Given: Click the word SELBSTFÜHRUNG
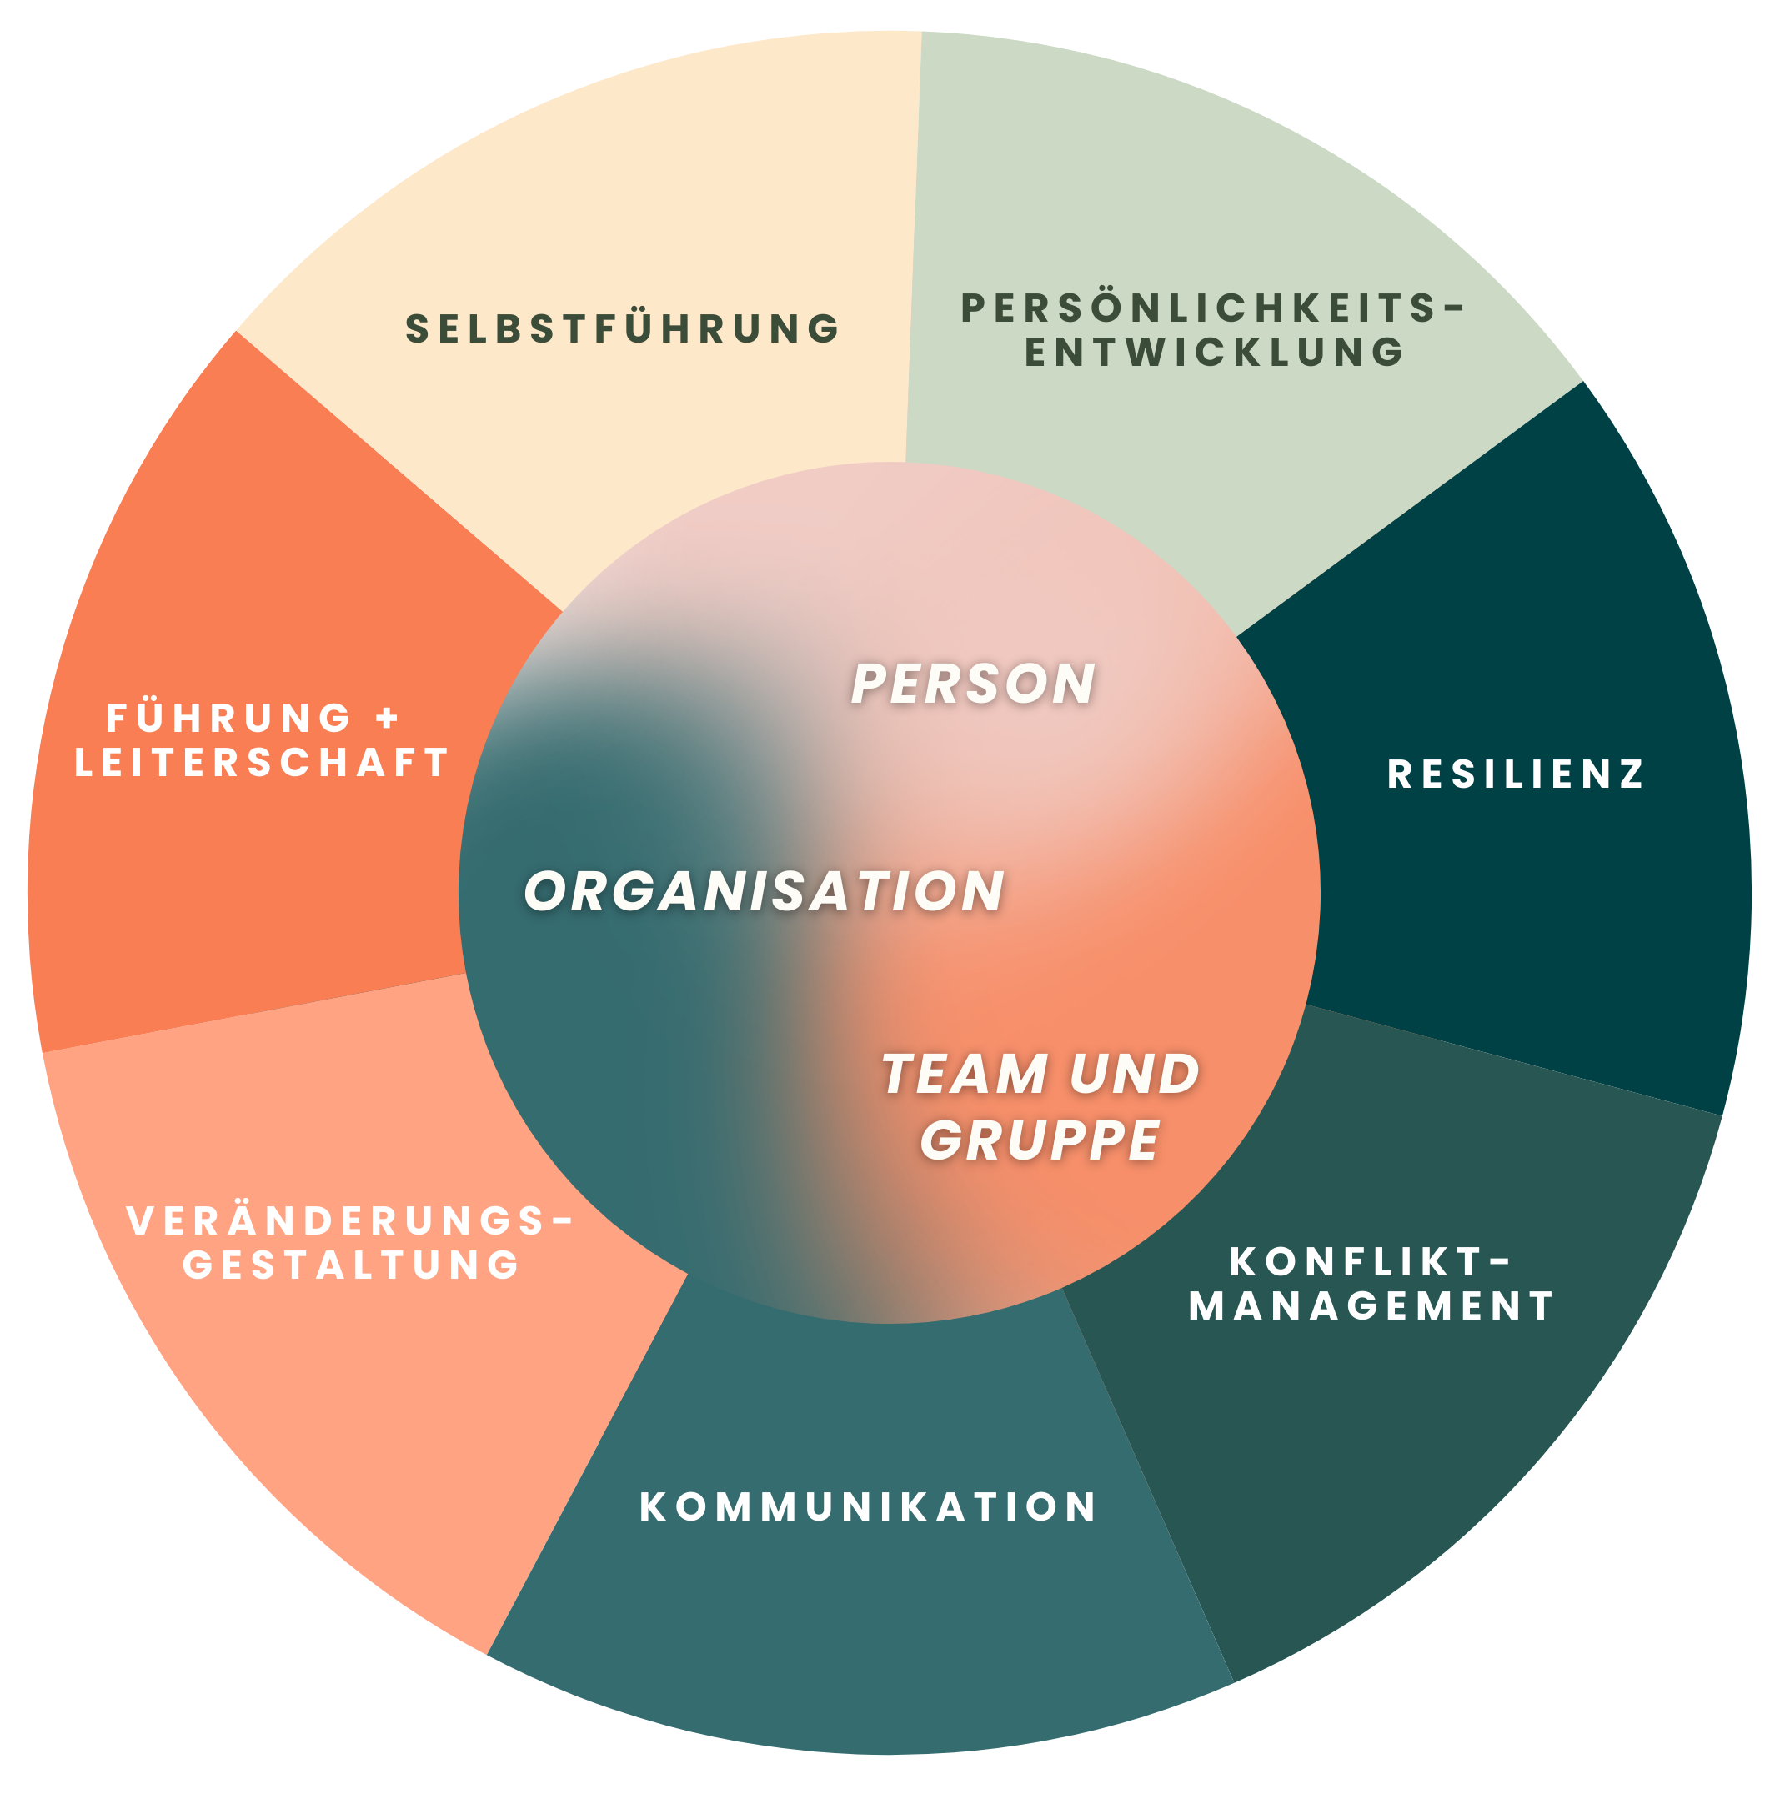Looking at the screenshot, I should (623, 329).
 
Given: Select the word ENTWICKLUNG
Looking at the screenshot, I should (1214, 353).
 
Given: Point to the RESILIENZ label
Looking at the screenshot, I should (1516, 774).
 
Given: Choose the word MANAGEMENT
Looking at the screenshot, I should (1371, 1305).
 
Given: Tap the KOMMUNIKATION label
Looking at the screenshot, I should (869, 1506).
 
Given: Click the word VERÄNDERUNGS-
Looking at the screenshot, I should (350, 1221).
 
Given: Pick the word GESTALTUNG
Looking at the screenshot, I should (351, 1265).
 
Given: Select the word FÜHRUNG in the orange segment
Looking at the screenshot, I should (229, 718).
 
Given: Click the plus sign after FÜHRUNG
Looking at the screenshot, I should (388, 718).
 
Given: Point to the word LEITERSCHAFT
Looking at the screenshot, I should (263, 763).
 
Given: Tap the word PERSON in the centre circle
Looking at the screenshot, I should (973, 684).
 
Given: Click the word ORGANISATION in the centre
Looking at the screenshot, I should (765, 891).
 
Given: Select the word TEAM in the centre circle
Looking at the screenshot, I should (965, 1074).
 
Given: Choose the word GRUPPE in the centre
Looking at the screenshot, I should (1040, 1139).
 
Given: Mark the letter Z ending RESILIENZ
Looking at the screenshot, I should (1632, 774).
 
